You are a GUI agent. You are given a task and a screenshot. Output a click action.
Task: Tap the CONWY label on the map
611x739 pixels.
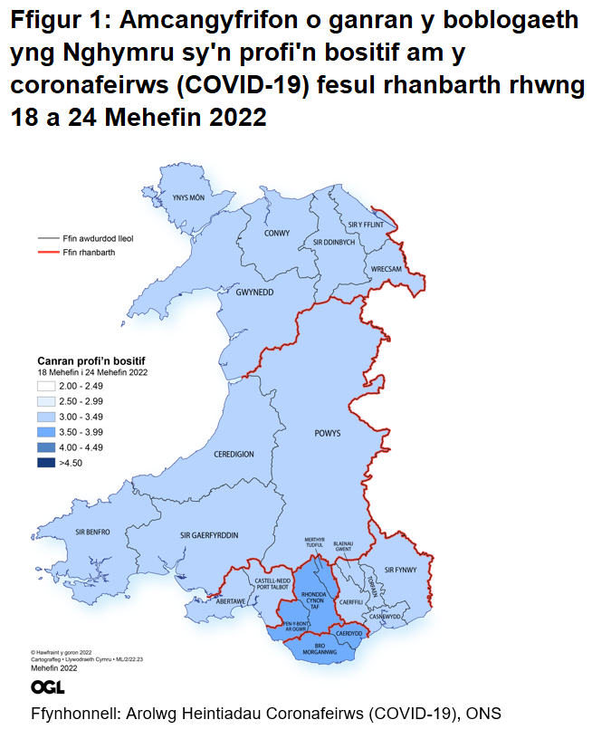pos(277,233)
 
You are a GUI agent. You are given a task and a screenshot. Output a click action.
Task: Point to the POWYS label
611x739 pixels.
pos(328,434)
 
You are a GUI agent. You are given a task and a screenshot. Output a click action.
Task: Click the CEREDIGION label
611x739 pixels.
pos(234,454)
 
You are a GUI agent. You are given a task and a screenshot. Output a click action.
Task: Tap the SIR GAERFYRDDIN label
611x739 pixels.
pos(209,535)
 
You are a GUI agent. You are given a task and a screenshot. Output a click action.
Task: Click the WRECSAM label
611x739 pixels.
pos(387,270)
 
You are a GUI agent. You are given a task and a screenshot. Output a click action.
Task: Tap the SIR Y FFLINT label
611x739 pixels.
pos(367,224)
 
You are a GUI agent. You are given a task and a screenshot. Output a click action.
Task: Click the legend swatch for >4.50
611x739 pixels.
pos(46,463)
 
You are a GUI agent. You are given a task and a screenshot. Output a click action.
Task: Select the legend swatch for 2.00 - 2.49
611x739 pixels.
pos(46,387)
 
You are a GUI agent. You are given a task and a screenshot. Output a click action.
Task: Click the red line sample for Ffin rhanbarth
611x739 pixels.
pos(48,253)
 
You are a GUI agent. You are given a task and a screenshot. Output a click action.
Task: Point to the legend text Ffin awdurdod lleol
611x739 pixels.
pos(99,238)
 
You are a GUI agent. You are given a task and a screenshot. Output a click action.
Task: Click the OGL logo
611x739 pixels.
pos(47,687)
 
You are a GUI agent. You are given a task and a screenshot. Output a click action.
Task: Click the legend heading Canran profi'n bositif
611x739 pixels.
pos(91,361)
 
